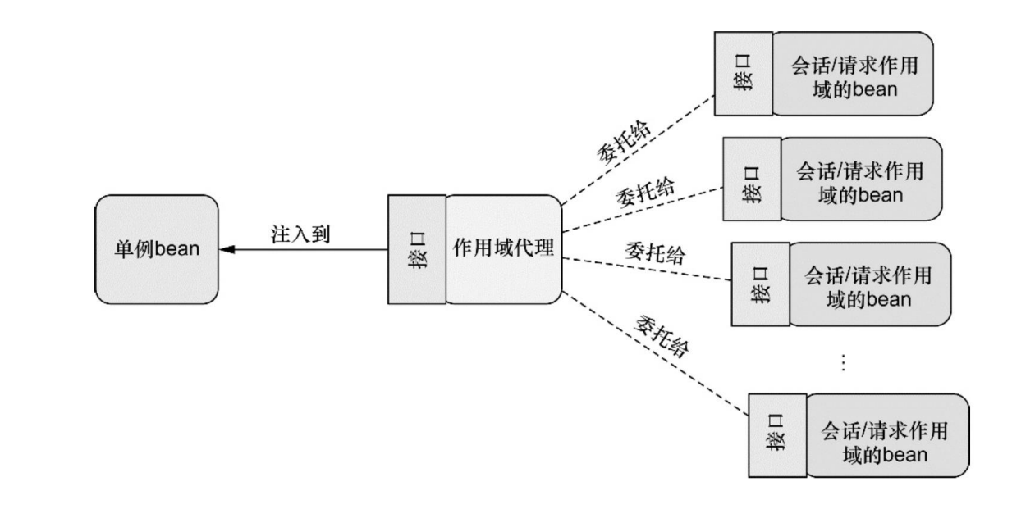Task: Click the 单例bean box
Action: coord(157,249)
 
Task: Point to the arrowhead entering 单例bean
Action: coord(227,249)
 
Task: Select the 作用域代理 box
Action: coord(503,249)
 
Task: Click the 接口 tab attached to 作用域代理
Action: coord(417,249)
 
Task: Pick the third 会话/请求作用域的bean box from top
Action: coord(868,284)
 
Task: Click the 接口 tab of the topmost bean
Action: coord(743,74)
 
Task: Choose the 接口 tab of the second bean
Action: coord(751,180)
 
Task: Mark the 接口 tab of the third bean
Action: coord(760,284)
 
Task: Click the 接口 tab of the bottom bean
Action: coord(778,435)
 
